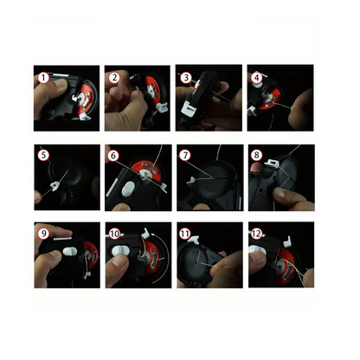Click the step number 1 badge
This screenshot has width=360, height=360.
coord(43,78)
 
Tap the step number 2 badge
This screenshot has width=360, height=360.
coord(114,78)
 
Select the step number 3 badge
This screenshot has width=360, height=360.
coord(186,78)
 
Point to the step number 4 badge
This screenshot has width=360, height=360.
coord(256,77)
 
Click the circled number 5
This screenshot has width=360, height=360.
coord(43,155)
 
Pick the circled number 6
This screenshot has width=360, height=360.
coord(113,156)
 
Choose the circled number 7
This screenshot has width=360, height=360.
coord(185,155)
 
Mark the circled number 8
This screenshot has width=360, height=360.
coord(256,155)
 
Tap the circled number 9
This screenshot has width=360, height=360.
coord(43,233)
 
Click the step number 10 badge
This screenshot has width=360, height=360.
coord(114,234)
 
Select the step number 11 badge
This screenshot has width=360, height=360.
coord(185,234)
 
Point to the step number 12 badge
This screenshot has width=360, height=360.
coord(256,234)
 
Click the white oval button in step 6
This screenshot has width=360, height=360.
coord(129,189)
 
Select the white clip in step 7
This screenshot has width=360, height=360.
coord(192,181)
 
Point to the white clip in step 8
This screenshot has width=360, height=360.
coord(273,163)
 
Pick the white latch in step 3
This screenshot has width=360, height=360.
coord(188,110)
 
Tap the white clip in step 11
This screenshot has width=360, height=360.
coord(193,239)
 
